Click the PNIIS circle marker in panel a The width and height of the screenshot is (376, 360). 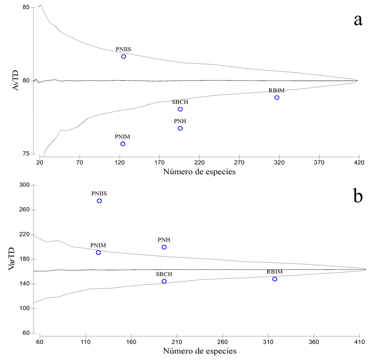click(123, 56)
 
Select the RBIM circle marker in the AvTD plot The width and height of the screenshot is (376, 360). click(277, 97)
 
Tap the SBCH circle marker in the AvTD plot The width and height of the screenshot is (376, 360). click(180, 109)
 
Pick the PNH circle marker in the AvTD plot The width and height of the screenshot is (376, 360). click(180, 128)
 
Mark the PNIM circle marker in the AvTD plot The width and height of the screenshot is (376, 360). click(123, 144)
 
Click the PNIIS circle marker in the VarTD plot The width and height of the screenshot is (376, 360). click(99, 201)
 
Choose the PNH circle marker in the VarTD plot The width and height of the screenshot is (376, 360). click(164, 247)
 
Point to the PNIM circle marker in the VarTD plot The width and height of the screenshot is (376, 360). click(98, 253)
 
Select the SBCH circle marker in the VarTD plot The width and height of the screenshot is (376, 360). click(164, 281)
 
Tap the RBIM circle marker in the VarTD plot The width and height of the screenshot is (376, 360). click(275, 279)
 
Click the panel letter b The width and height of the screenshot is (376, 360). click(358, 196)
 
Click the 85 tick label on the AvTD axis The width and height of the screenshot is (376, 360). click(26, 7)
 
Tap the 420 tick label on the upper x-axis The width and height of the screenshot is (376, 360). click(359, 163)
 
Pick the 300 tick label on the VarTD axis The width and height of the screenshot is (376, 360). click(24, 185)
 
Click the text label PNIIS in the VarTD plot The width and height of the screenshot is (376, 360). click(99, 193)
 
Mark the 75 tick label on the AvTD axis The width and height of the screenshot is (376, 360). click(26, 154)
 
